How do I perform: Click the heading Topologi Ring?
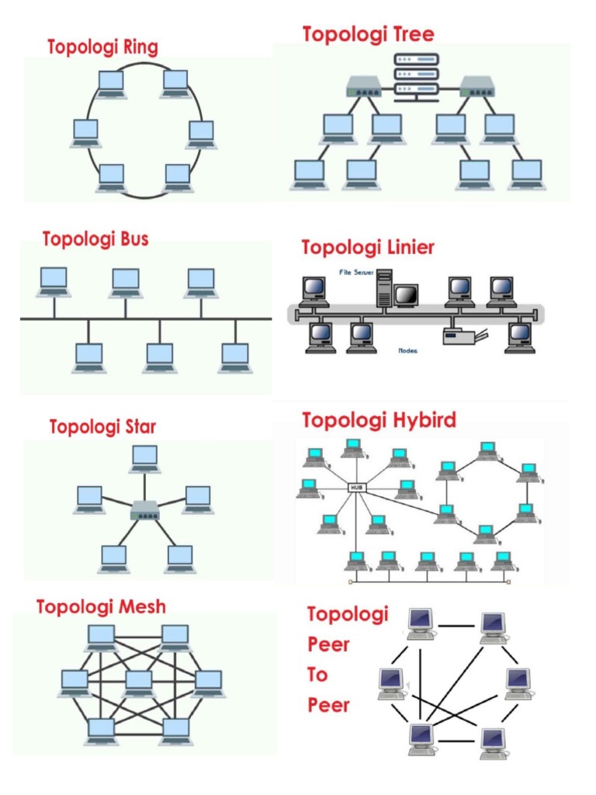[x=102, y=47]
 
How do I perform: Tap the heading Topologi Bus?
[x=95, y=238]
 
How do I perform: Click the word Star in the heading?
[x=140, y=426]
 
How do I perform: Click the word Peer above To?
[x=328, y=644]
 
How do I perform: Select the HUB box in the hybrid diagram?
[x=356, y=488]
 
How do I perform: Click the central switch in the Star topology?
[x=145, y=510]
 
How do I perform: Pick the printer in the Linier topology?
[x=463, y=335]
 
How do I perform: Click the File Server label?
[x=358, y=273]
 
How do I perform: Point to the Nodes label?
[x=407, y=350]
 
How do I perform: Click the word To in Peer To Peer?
[x=318, y=675]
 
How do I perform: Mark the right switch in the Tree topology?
[x=478, y=85]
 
